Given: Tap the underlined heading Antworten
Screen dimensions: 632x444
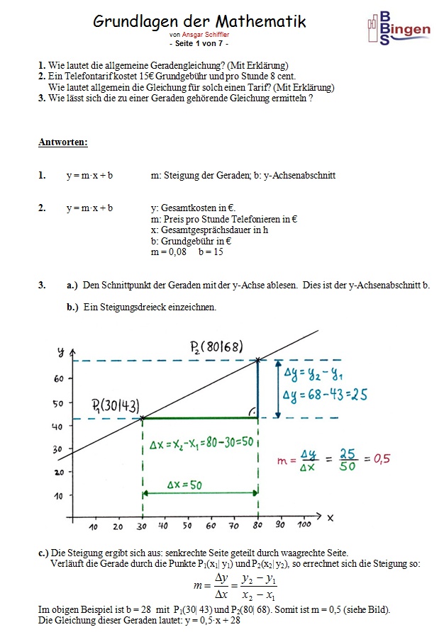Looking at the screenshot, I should click(63, 142).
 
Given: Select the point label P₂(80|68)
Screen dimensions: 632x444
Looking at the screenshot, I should click(216, 346).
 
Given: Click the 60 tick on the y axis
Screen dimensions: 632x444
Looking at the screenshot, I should click(59, 379).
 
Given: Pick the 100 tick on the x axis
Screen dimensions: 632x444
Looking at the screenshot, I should click(303, 526).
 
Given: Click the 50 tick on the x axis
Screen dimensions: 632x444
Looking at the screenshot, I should click(187, 526).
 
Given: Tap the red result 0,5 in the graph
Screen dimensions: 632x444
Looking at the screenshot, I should click(382, 458).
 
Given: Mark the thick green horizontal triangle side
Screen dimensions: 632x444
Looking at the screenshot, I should click(200, 418).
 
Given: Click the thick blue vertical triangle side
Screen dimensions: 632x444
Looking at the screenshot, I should click(258, 389).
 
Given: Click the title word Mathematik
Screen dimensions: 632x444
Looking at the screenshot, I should click(254, 22).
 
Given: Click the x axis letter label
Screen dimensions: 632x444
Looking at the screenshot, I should click(329, 518).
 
